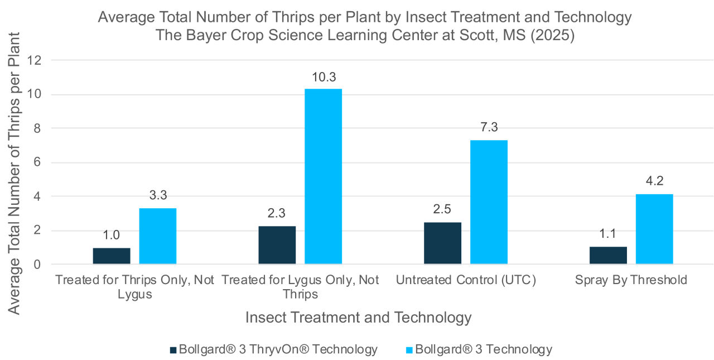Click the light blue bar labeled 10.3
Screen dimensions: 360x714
[x=323, y=176]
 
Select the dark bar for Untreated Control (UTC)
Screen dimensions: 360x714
[x=442, y=243]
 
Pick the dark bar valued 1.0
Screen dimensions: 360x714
[x=112, y=256]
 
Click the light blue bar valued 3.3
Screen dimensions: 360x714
[x=158, y=236]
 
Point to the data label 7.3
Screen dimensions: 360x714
[x=489, y=127]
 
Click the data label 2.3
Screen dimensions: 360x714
[x=277, y=213]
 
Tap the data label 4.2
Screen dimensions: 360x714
[x=654, y=180]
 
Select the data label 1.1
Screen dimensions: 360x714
[x=608, y=234]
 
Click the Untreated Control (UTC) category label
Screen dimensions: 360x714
[x=466, y=280]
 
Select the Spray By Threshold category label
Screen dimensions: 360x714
[x=631, y=280]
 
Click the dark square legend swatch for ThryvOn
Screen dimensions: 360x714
[x=173, y=350]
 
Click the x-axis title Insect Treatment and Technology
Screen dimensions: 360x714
[x=358, y=318]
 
